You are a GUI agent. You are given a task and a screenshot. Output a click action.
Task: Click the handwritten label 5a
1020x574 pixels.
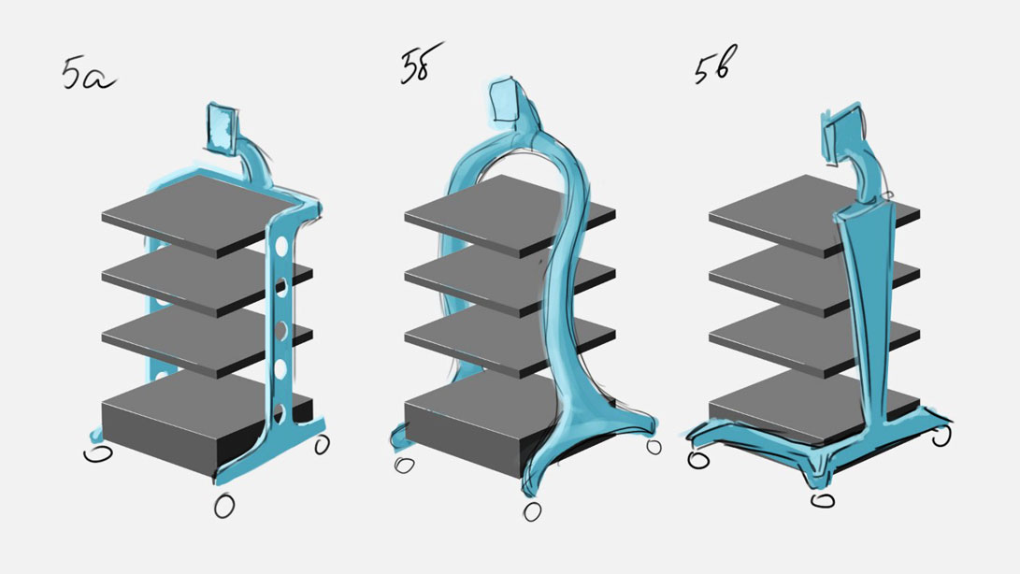89,74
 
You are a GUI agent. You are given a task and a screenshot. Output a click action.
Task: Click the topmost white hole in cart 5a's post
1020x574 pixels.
282,248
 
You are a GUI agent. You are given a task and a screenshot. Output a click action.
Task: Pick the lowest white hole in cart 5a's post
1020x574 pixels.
280,413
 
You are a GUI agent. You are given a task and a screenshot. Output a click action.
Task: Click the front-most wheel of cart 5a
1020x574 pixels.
223,506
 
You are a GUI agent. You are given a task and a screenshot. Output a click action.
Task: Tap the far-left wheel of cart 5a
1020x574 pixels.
98,453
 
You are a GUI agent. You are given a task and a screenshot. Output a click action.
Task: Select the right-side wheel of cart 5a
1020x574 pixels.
322,444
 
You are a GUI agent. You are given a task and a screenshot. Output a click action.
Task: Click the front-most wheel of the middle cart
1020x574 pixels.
532,511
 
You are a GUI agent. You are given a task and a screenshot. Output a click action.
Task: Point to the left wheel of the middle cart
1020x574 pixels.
405,466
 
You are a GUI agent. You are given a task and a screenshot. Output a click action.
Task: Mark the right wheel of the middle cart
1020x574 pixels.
654,447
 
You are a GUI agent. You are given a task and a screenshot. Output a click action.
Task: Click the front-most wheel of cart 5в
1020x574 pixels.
823,500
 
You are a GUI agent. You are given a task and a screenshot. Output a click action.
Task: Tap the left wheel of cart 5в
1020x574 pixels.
698,460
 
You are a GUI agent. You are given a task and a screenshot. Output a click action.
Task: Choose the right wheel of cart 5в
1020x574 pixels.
941,436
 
